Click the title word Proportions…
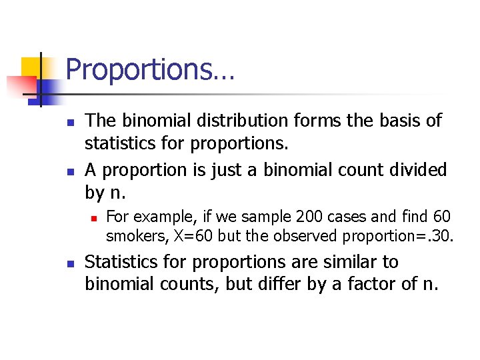[x=150, y=70]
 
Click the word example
[x=152, y=217]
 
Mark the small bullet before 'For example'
[x=95, y=218]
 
